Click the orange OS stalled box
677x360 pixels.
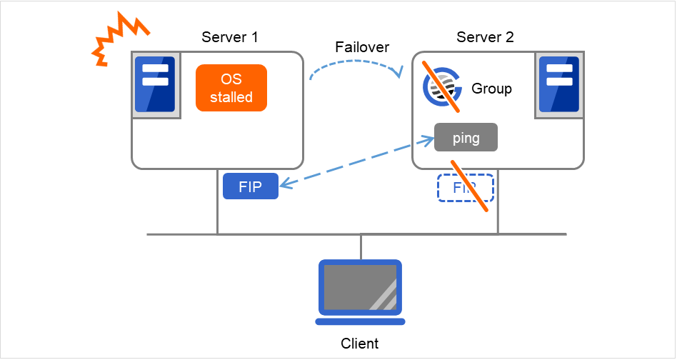coord(231,89)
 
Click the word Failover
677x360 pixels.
coord(362,47)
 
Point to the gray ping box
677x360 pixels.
coord(466,138)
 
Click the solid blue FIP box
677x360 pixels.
coord(250,186)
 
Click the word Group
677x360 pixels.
coord(491,90)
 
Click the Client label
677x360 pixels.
coord(360,344)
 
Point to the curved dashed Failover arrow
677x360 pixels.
coord(355,64)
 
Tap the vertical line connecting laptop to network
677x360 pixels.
coord(361,246)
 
